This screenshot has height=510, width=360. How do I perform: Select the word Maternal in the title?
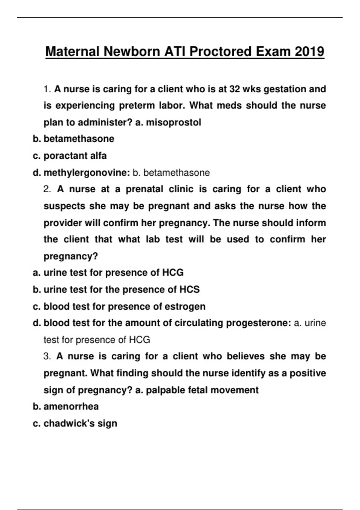click(72, 51)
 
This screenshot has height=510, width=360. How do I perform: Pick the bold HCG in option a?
click(173, 273)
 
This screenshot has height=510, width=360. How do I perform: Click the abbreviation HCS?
click(189, 289)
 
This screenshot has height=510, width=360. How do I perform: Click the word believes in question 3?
click(245, 356)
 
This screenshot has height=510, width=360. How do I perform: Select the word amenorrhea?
click(71, 406)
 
